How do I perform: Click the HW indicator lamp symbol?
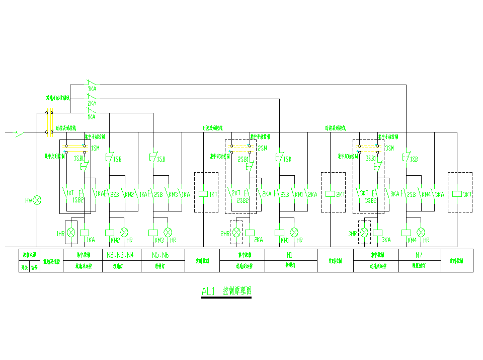[x=37, y=200]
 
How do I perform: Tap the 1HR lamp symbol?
[x=72, y=233]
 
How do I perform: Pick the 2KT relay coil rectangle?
[x=330, y=194]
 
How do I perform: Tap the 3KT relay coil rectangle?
[x=457, y=194]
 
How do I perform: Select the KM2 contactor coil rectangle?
[x=110, y=233]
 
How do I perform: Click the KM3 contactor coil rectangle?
[x=153, y=233]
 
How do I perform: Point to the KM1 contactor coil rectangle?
[x=279, y=233]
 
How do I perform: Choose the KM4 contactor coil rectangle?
[x=406, y=233]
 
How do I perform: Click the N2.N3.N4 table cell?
[x=121, y=255]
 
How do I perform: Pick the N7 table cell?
[x=419, y=255]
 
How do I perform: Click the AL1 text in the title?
[x=208, y=291]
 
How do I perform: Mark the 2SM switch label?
[x=262, y=149]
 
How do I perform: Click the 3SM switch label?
[x=389, y=149]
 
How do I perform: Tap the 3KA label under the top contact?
[x=92, y=89]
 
